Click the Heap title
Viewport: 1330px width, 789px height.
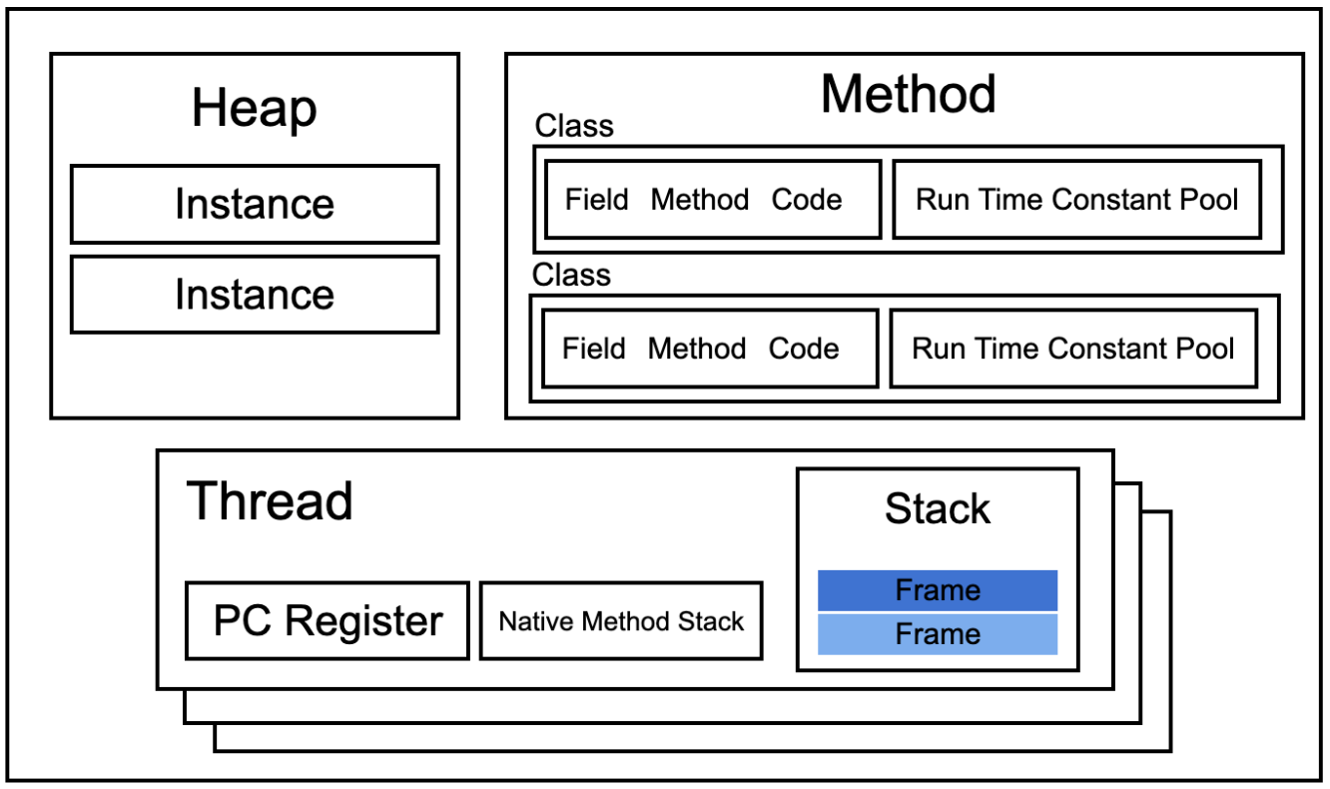click(x=255, y=108)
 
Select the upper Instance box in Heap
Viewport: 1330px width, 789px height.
click(x=255, y=204)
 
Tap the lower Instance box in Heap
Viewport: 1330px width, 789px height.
click(x=255, y=295)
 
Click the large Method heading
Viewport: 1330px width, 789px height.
click(x=908, y=94)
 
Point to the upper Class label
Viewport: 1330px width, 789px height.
click(x=573, y=126)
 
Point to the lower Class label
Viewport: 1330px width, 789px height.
click(x=571, y=275)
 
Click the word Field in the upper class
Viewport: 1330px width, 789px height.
click(x=596, y=200)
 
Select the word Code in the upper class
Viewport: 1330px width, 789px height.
click(x=807, y=200)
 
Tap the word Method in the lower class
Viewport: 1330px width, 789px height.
click(x=697, y=349)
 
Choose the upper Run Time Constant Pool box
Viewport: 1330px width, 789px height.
click(x=1077, y=200)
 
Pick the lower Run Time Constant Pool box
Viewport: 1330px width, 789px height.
click(x=1073, y=349)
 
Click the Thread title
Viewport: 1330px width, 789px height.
click(x=270, y=501)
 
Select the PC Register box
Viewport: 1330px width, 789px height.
click(x=328, y=621)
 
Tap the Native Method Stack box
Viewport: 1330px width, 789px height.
click(x=621, y=621)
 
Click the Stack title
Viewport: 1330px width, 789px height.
click(x=938, y=508)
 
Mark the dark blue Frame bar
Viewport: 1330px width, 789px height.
click(x=938, y=590)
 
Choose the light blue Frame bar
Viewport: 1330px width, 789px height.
click(x=938, y=634)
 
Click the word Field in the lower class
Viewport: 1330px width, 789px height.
click(x=594, y=349)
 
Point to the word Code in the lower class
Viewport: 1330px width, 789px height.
click(x=804, y=349)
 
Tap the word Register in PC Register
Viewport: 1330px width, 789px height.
click(x=364, y=622)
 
